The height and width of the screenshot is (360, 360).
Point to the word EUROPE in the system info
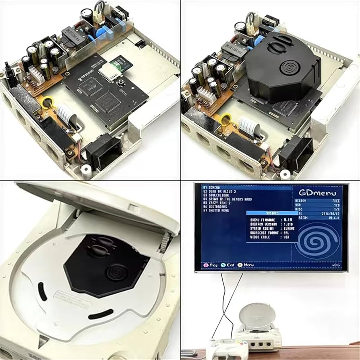coord(288,228)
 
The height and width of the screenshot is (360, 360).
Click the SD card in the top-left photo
coord(119,64)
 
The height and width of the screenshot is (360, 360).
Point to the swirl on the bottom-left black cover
coord(117,273)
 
